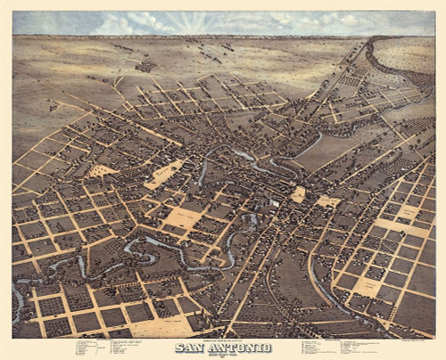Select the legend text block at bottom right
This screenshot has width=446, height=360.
(339, 347)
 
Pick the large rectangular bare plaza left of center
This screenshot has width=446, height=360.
(184, 217)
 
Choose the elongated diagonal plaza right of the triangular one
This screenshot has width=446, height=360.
(164, 174)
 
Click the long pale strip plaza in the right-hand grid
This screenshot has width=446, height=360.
(401, 227)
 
